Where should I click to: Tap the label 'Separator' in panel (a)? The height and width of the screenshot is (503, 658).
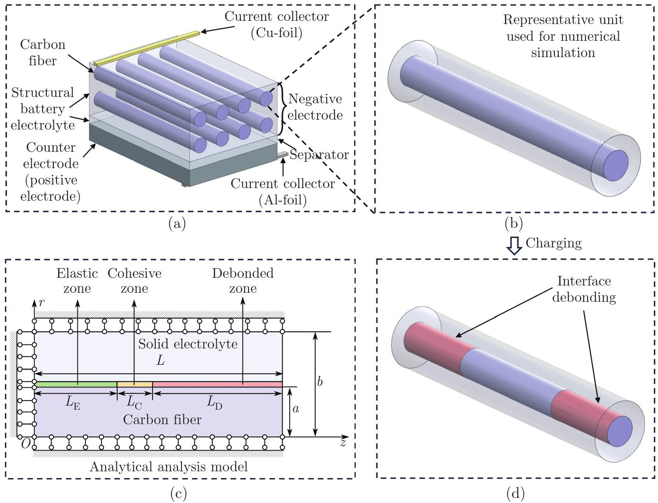319,155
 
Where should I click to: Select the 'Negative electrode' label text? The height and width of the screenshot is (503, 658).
315,107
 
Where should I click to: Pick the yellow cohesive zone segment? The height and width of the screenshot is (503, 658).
135,384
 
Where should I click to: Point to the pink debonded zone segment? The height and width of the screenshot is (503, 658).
217,384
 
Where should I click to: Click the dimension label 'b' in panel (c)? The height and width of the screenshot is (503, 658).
320,382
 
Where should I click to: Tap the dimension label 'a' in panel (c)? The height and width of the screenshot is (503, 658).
296,409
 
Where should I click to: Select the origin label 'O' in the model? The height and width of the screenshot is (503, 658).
26,445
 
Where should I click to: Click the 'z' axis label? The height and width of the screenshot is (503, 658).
343,443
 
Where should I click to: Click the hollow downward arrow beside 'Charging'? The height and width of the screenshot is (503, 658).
514,245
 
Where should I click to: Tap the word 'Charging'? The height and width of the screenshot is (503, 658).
553,243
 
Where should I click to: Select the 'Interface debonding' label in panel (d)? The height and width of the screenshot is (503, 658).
584,289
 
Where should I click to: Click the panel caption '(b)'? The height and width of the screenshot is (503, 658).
513,223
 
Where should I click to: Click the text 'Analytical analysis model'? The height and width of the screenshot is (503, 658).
169,467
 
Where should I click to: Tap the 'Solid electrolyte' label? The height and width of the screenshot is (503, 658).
188,344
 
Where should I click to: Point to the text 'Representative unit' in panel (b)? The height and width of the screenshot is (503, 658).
563,20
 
